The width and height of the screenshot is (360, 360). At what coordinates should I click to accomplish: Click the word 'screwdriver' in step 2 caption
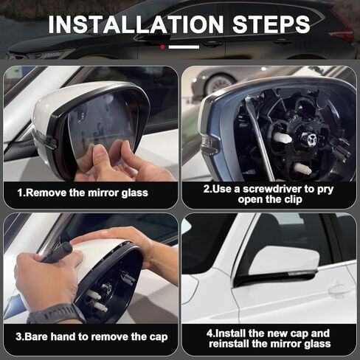[x=262, y=188]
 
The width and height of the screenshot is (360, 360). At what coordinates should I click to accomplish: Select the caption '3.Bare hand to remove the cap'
[x=91, y=337]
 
